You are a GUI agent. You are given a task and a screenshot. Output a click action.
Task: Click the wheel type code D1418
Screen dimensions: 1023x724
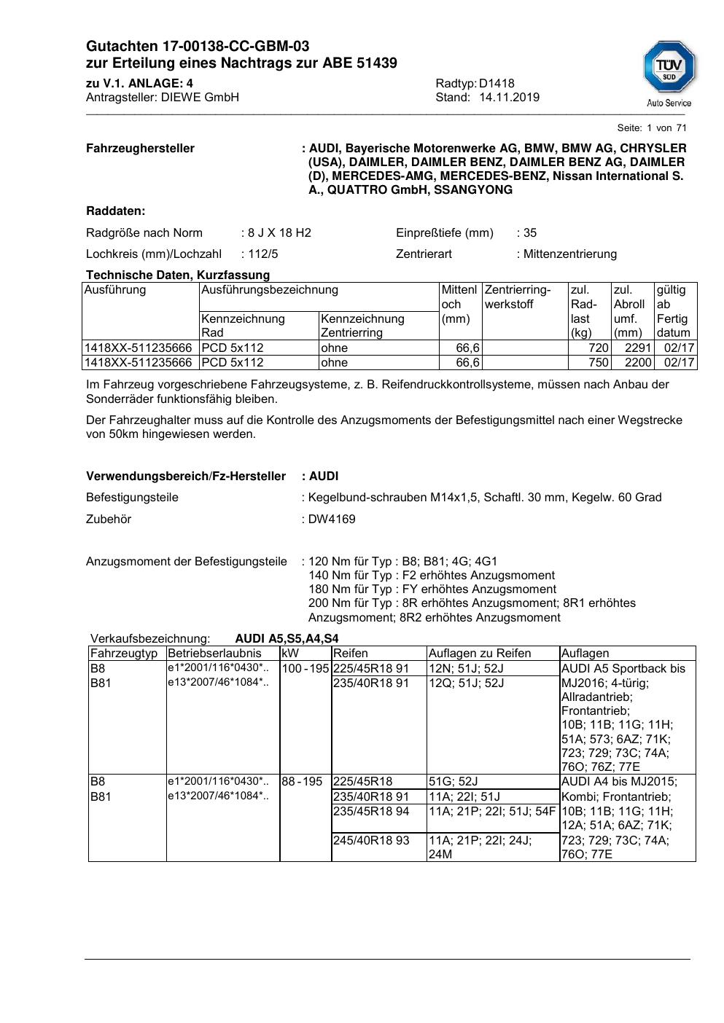click(497, 84)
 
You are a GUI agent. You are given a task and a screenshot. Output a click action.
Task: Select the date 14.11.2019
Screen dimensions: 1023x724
click(509, 98)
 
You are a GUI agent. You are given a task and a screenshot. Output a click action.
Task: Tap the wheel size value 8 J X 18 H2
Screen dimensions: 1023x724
click(279, 233)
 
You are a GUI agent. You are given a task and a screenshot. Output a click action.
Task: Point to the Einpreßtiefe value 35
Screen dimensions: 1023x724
click(530, 233)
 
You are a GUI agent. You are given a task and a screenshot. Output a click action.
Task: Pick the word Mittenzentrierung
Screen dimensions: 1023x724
click(570, 254)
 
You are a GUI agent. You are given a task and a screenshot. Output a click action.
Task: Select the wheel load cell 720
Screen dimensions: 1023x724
click(598, 348)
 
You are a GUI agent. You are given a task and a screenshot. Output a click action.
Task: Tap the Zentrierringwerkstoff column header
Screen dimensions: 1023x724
click(518, 297)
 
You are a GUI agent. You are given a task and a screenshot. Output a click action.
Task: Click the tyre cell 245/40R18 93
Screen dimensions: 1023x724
click(371, 840)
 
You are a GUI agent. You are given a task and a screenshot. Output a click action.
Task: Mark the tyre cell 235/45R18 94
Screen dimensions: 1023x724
click(371, 811)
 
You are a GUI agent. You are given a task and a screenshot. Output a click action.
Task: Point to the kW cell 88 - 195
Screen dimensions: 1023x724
click(302, 782)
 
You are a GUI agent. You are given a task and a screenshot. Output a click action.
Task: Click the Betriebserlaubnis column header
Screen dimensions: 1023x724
click(214, 654)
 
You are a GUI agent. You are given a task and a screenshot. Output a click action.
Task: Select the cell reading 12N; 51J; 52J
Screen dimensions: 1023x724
click(466, 669)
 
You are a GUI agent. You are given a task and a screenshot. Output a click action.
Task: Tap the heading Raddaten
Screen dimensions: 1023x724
click(115, 211)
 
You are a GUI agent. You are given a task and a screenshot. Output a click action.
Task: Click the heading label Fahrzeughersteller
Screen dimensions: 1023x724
click(140, 149)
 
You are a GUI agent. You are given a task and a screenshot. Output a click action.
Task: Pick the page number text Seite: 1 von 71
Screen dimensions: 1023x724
click(652, 128)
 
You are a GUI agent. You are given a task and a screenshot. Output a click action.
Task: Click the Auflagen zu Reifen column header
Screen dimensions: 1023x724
click(480, 654)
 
